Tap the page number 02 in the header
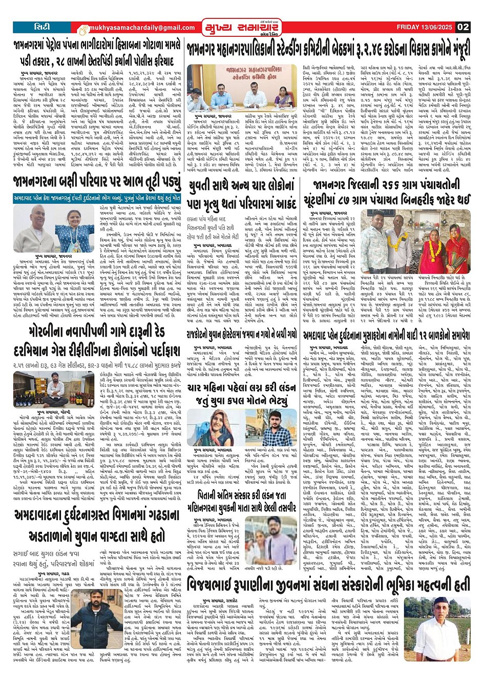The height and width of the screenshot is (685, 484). pyautogui.click(x=463, y=27)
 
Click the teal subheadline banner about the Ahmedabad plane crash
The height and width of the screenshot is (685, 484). pyautogui.click(x=97, y=197)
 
